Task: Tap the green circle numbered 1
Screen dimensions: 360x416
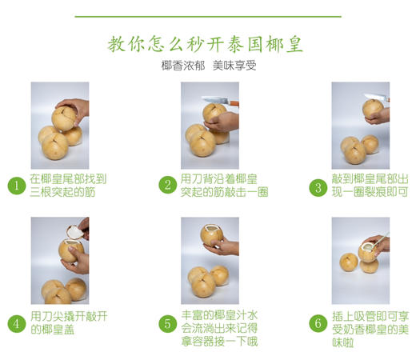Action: tap(17, 185)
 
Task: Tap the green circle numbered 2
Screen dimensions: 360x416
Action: tap(167, 185)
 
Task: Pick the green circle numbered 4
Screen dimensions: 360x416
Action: tap(17, 323)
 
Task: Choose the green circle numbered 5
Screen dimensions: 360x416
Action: tap(167, 323)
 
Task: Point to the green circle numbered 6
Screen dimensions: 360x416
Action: tap(318, 323)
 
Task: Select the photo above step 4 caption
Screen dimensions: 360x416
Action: tap(59, 260)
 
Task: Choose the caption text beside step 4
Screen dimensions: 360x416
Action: tap(69, 322)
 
